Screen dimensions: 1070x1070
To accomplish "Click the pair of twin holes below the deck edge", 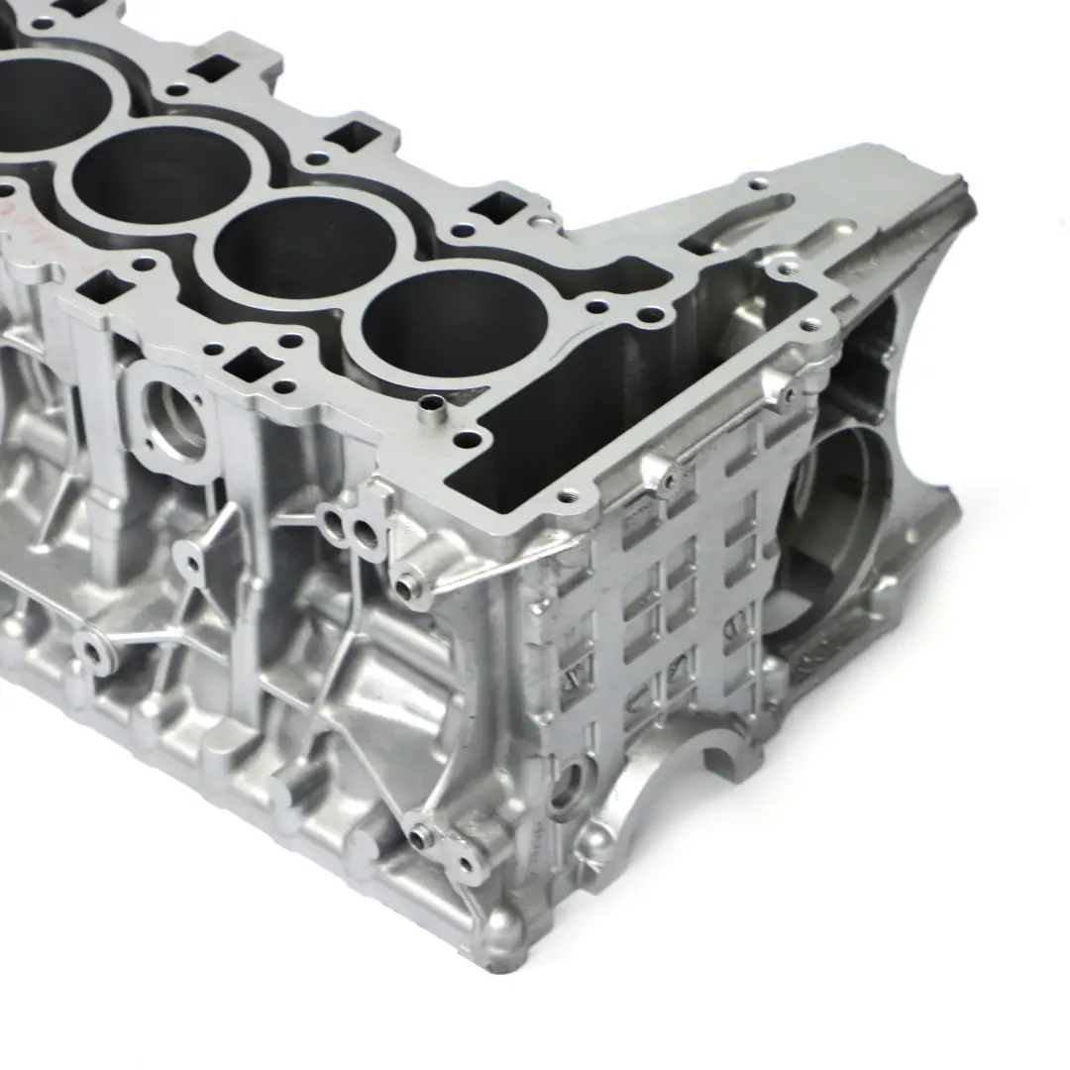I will click(350, 531).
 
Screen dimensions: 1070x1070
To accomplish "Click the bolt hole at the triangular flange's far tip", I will click(757, 183).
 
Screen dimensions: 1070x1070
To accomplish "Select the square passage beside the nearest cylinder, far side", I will click(496, 207).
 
